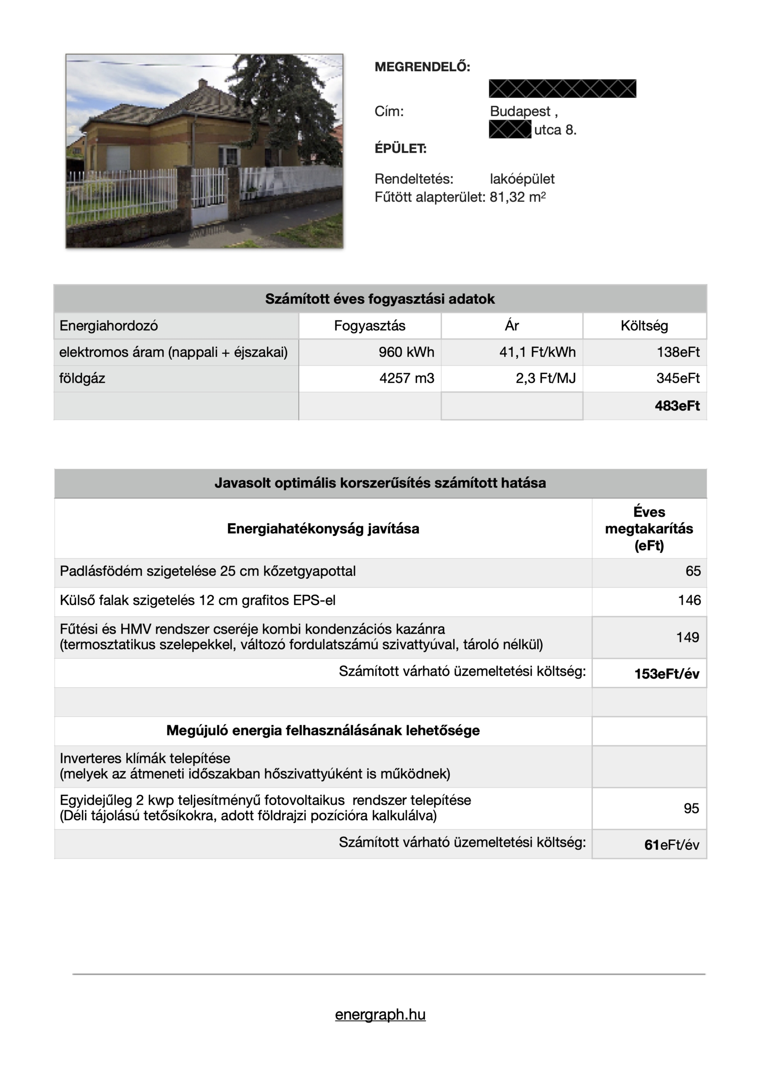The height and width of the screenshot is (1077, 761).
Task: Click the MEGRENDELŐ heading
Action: click(422, 66)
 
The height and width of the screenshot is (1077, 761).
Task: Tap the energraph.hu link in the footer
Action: click(380, 1014)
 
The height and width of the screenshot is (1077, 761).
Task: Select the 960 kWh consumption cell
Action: click(406, 352)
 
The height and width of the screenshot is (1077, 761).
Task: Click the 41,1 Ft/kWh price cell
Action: click(537, 352)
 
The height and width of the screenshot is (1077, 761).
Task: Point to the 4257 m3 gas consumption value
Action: click(407, 378)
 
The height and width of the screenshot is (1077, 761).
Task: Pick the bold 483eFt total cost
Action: click(676, 406)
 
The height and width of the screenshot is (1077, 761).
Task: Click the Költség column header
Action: click(644, 326)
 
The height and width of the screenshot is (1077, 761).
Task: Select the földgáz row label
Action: click(82, 378)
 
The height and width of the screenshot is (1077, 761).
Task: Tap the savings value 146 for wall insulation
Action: click(689, 600)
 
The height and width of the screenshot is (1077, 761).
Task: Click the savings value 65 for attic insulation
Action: click(692, 571)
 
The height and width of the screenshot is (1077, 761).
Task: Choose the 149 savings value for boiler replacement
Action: click(687, 637)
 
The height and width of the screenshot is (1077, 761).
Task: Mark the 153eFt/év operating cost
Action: click(666, 674)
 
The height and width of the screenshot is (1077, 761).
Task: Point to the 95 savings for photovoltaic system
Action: click(691, 808)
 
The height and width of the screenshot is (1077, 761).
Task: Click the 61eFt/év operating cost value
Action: click(671, 845)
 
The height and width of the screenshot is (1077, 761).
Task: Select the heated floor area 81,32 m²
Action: click(517, 197)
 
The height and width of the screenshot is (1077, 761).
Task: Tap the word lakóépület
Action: click(522, 179)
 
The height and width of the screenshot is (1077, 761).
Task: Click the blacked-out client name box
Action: click(562, 89)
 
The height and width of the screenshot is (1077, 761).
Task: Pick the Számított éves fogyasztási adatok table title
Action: click(380, 299)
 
